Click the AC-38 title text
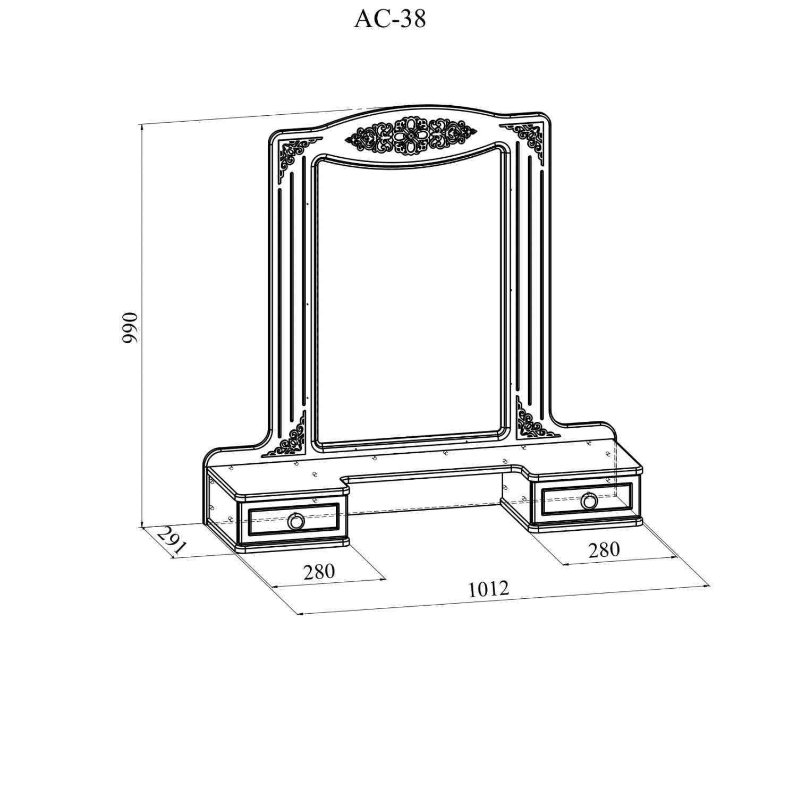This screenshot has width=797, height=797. coord(390,20)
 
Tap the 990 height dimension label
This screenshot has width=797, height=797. coord(130,327)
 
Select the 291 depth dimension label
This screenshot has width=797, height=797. coord(171,541)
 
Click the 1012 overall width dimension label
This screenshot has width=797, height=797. coord(488,589)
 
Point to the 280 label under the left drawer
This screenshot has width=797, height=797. coord(319,571)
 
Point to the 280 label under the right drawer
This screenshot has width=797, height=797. coord(604,549)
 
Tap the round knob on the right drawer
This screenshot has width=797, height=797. coord(589,501)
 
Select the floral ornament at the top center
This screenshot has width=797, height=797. coord(411,137)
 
